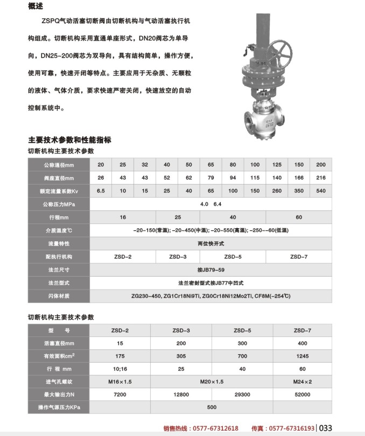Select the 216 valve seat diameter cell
[321, 178]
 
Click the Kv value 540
[321, 191]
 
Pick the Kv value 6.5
[101, 191]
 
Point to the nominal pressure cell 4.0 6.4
[210, 205]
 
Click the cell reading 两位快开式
[210, 244]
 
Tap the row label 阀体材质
[58, 296]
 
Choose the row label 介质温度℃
[58, 230]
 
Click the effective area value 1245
[302, 356]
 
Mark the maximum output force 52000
[302, 395]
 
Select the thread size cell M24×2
[302, 382]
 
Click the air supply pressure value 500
[210, 407]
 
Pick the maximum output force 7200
[120, 395]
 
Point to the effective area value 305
[181, 356]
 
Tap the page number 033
[326, 428]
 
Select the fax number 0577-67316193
[291, 428]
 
